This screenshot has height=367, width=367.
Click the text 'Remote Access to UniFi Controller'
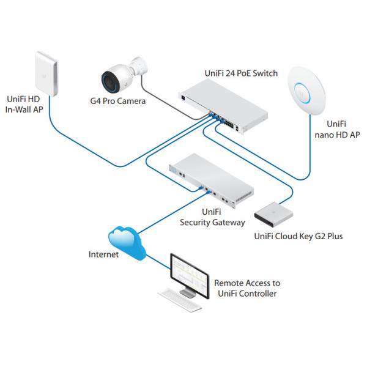247,289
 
